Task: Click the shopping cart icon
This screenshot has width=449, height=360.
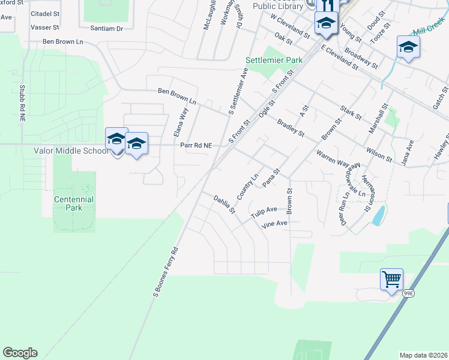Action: pos(391,279)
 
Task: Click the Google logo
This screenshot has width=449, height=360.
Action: pos(20,353)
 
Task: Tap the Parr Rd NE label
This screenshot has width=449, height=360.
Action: pos(196,145)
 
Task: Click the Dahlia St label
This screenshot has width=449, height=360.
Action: pos(224,205)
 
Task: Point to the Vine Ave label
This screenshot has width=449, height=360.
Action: pos(274,224)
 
